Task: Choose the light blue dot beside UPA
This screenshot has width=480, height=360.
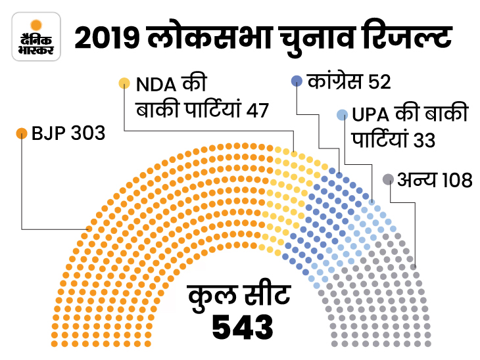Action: pos(341,115)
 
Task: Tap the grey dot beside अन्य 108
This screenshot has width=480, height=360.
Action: pos(388,178)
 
